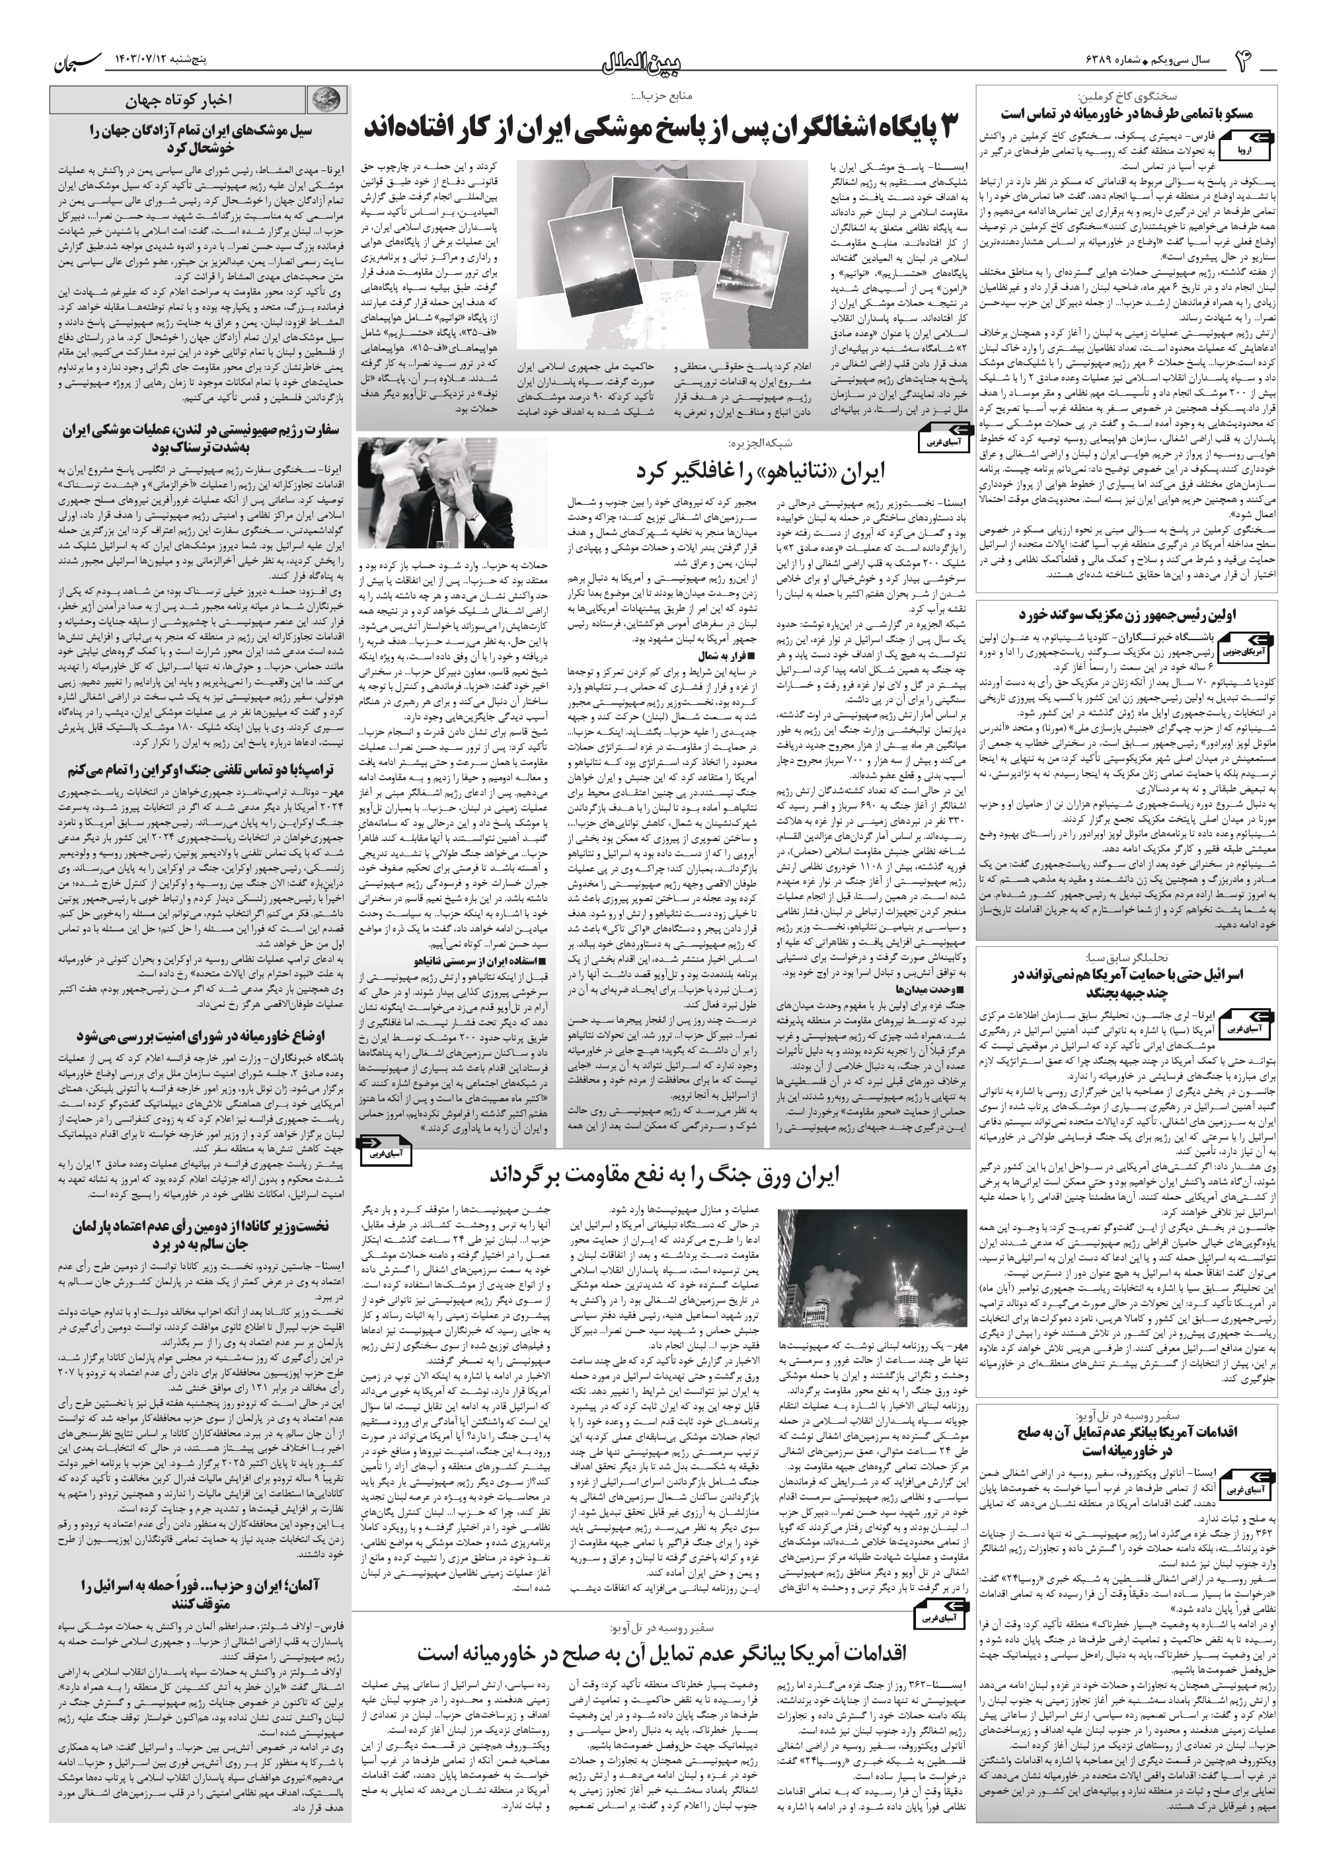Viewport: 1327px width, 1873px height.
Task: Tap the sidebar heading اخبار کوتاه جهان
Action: coord(178,100)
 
